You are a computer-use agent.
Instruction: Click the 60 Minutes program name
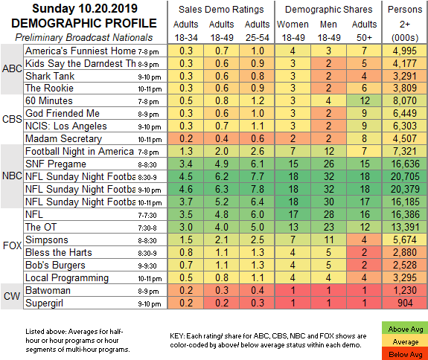coord(49,100)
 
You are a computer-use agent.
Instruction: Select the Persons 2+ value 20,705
coord(405,176)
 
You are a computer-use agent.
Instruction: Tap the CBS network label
coord(12,119)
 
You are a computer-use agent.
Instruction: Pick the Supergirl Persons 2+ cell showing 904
coord(405,303)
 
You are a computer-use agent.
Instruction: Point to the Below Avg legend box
coord(405,354)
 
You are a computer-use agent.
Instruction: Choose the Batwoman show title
coord(48,290)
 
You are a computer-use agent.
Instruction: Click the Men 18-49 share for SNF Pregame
coord(329,164)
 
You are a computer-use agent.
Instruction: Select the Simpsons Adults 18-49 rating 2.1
coord(221,240)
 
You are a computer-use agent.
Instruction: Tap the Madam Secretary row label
coord(63,138)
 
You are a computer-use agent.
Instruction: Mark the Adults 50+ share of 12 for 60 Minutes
coord(364,100)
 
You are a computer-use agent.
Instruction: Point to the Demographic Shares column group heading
coord(329,10)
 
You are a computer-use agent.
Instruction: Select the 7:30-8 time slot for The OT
coord(147,228)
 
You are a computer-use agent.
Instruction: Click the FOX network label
coord(12,245)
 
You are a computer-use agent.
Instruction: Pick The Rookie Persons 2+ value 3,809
coord(405,88)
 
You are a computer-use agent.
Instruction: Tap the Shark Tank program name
coord(50,76)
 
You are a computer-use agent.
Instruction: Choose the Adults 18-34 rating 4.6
coord(186,189)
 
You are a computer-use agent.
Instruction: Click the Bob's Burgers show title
coord(55,265)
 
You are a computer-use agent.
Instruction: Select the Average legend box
coord(405,341)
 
